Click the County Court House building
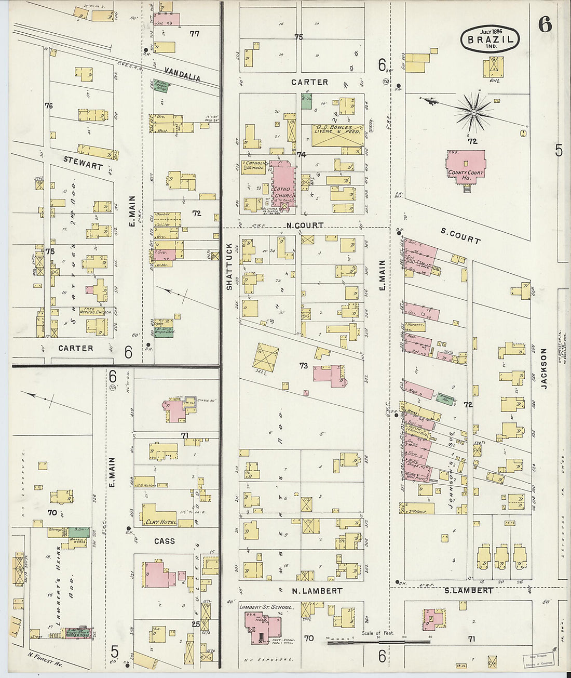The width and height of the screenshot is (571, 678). (x=466, y=167)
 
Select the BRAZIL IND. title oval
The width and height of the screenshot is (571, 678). (x=490, y=39)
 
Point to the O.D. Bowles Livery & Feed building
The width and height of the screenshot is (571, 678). (x=337, y=135)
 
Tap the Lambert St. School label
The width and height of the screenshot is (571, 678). (x=266, y=606)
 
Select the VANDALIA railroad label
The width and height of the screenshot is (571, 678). (x=183, y=74)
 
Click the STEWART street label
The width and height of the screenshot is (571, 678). (x=83, y=163)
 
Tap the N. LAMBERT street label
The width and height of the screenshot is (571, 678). (x=317, y=591)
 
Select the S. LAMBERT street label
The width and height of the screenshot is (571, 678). (x=469, y=590)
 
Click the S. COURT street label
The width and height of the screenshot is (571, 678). (x=460, y=236)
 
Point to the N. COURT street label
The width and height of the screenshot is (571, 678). (x=305, y=225)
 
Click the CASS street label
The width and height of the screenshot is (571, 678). (x=164, y=541)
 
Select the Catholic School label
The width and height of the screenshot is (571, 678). (x=255, y=165)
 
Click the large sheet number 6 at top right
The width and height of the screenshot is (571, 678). (x=545, y=24)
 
